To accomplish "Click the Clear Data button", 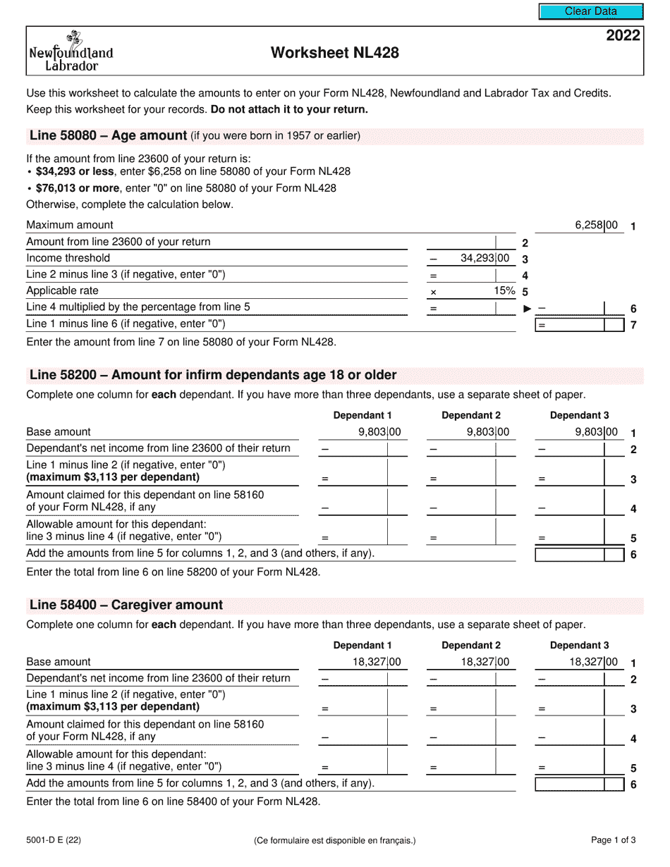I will click(591, 11).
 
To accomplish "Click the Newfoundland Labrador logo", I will click(71, 52).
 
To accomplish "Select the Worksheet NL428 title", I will click(335, 53).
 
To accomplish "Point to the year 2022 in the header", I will click(623, 36).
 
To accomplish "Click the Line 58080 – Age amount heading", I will click(108, 136).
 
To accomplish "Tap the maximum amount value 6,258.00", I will click(596, 226).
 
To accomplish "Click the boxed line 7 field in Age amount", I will click(580, 325).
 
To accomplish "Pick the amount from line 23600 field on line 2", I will click(471, 242).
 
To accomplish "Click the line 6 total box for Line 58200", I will click(579, 554).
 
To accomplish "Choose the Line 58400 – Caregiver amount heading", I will click(126, 605).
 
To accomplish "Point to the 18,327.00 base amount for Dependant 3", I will click(593, 662).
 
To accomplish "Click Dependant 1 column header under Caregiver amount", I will click(363, 645).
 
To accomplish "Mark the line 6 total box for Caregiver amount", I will click(579, 784).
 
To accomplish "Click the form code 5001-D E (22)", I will click(55, 840).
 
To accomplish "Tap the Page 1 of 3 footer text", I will click(614, 840).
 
